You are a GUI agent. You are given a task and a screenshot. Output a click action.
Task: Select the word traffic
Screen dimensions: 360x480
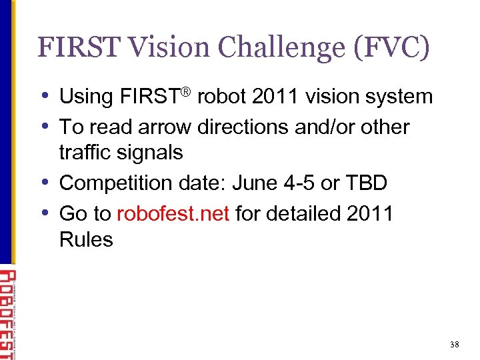tap(85, 152)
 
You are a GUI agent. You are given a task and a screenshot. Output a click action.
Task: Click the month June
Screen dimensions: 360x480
tap(249, 182)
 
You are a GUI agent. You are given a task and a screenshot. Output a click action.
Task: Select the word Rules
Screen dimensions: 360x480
tap(86, 239)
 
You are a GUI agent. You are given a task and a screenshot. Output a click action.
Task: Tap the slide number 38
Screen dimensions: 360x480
tap(454, 345)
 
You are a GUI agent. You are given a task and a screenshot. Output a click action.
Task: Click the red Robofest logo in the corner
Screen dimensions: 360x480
tap(7, 313)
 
